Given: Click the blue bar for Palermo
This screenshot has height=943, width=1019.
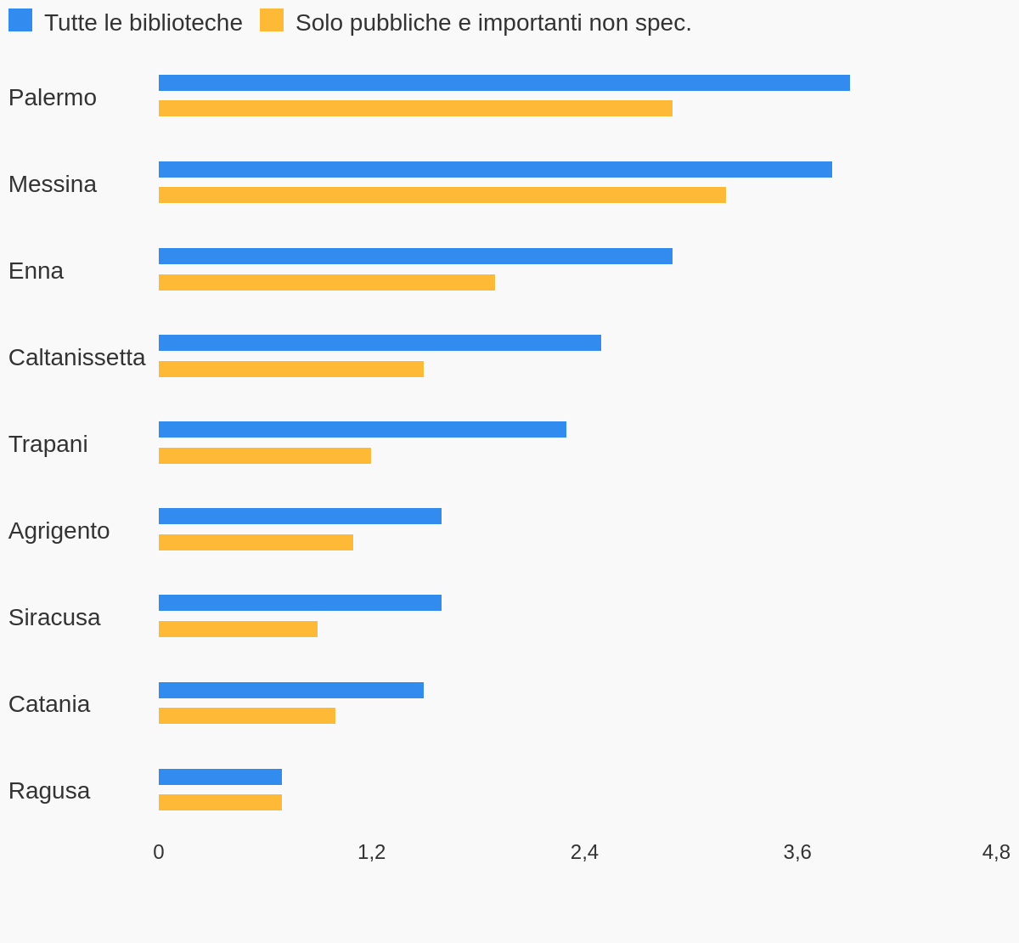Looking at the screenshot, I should [504, 82].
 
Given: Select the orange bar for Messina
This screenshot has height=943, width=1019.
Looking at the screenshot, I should [442, 195].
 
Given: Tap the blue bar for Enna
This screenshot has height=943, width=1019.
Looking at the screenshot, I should [415, 256].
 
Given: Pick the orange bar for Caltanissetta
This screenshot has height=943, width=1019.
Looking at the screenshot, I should [290, 369].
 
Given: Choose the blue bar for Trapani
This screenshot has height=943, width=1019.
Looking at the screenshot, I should [362, 429].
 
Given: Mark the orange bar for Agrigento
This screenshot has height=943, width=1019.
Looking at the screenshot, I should [256, 542].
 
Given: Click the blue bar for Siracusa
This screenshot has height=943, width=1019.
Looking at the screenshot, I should [300, 602].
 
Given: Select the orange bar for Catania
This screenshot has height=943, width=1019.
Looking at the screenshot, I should [246, 715].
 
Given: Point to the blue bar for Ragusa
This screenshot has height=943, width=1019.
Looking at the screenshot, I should [220, 776].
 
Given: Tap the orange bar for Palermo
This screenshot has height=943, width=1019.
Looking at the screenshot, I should [415, 108].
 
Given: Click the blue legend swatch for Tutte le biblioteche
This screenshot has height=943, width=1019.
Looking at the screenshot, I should [20, 20].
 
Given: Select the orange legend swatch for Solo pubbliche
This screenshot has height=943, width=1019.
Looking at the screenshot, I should [272, 20].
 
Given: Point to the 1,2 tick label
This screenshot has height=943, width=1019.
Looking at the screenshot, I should [371, 851].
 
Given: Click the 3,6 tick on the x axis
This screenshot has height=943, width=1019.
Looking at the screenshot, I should [797, 851].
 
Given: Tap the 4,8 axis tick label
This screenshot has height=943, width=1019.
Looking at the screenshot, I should [996, 851].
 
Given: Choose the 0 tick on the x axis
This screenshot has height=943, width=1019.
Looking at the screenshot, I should [159, 851].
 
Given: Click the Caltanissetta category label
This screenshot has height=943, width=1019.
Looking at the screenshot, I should [76, 357].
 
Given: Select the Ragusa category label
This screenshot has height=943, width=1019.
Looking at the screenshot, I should [49, 790].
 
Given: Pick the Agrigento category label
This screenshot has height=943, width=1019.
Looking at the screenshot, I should [59, 530].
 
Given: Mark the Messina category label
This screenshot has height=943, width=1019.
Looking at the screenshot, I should [53, 184].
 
